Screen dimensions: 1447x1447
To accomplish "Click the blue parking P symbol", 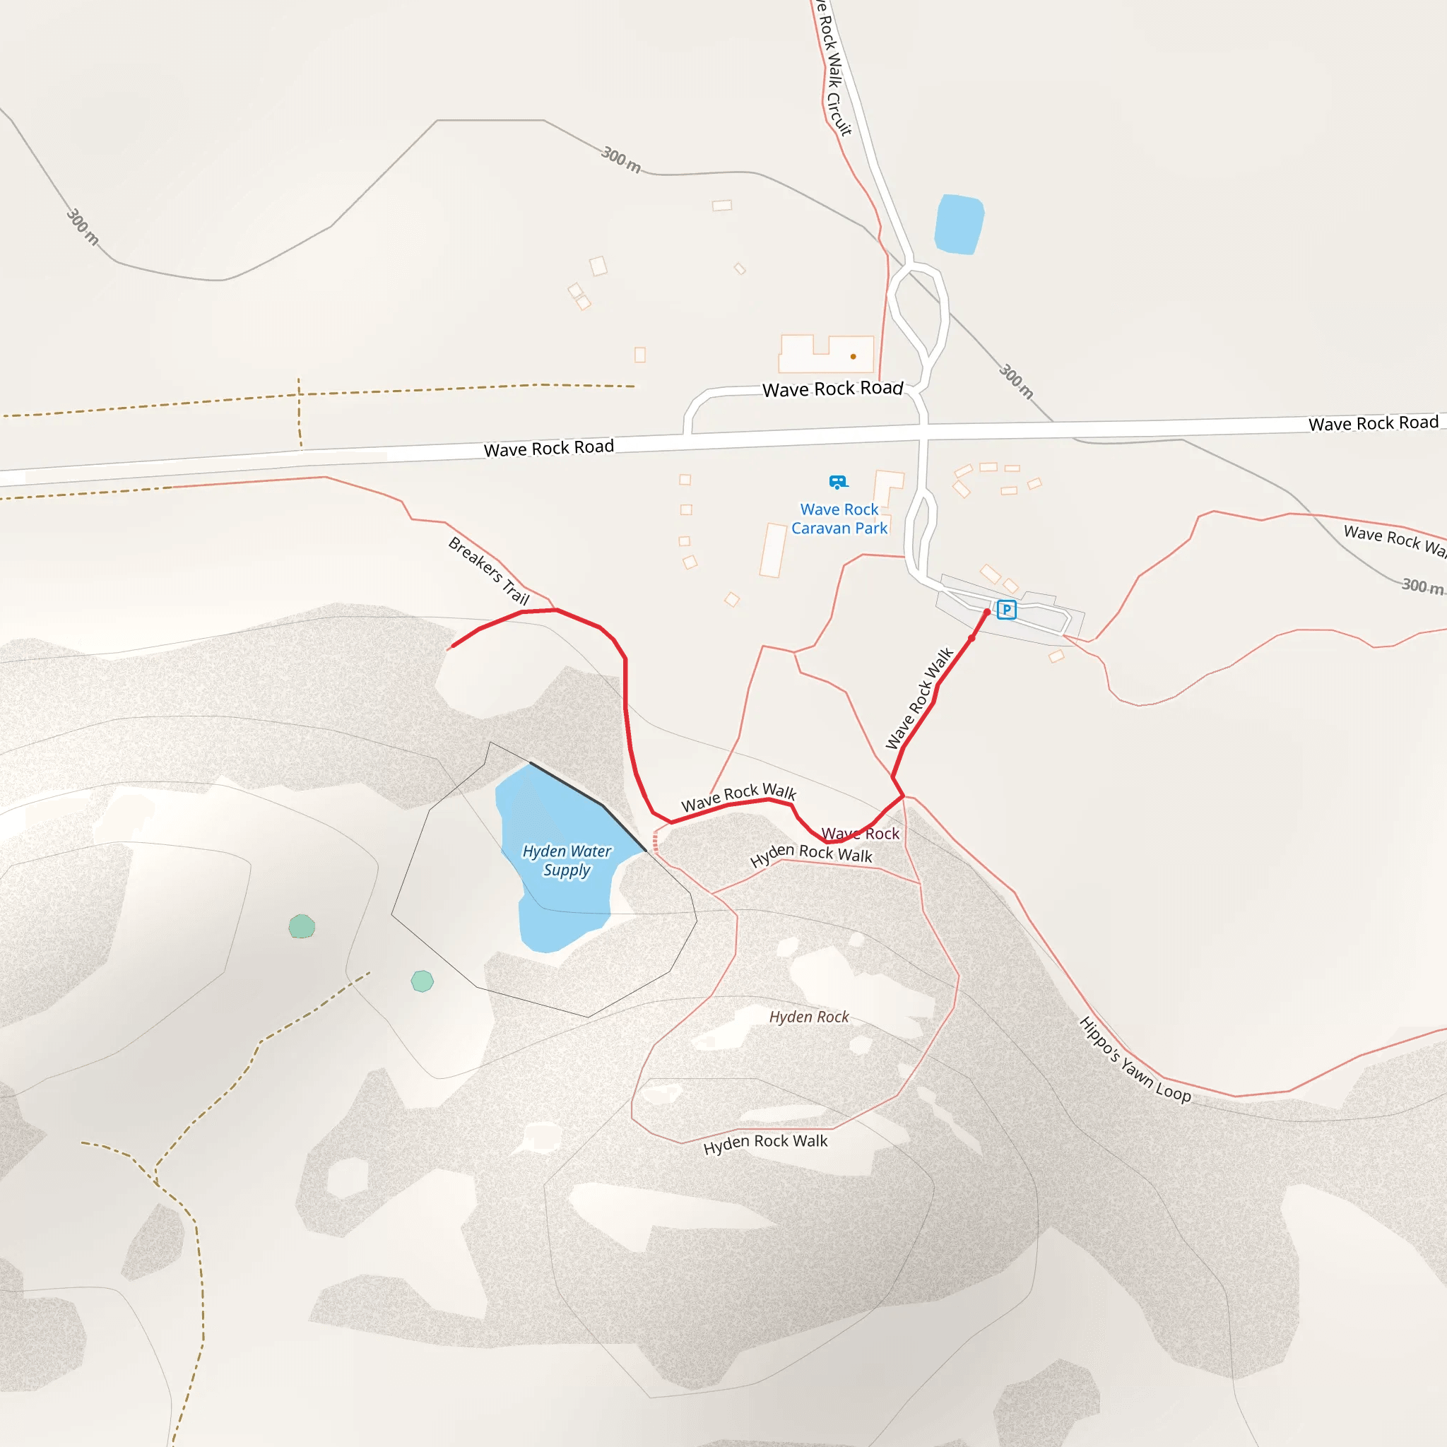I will [x=1007, y=610].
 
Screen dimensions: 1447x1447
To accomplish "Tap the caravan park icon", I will [x=837, y=482].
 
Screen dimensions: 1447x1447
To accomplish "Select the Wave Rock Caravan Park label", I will [x=839, y=519].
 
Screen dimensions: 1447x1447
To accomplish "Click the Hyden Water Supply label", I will [x=567, y=861].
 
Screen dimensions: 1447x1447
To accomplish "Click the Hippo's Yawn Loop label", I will [x=1135, y=1060].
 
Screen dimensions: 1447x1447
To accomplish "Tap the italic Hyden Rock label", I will [x=809, y=1016].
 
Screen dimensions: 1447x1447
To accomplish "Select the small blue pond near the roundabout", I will [x=959, y=224].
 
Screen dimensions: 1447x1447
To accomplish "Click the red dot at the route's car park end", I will [x=986, y=613].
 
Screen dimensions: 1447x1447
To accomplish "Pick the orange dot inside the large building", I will [x=853, y=357].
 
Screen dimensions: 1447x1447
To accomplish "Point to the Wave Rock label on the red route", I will [x=860, y=833].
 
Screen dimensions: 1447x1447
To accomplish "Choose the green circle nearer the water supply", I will [x=423, y=981].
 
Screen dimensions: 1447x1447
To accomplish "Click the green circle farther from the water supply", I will [x=302, y=926].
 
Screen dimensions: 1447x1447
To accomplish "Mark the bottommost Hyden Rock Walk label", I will [x=764, y=1143].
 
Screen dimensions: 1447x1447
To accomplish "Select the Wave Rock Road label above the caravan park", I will [x=832, y=389].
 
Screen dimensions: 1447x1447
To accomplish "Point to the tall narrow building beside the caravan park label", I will [x=773, y=550].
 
